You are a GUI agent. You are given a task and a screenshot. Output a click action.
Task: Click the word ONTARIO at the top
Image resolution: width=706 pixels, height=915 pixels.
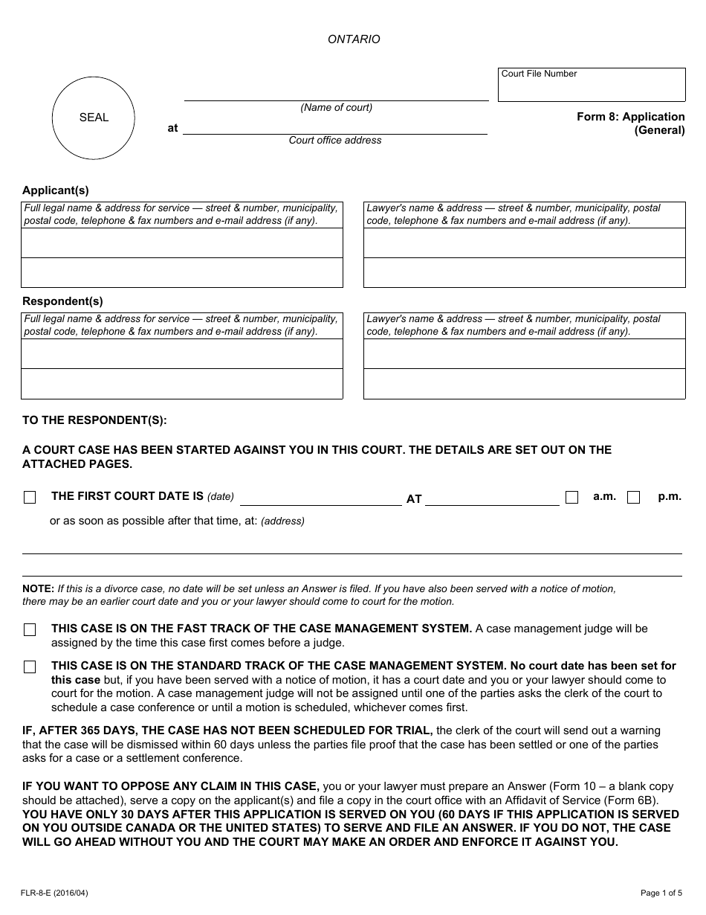point(354,39)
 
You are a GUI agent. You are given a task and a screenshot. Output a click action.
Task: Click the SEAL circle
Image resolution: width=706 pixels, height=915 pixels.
point(94,118)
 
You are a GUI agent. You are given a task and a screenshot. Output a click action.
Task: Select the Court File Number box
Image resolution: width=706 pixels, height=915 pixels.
point(592,85)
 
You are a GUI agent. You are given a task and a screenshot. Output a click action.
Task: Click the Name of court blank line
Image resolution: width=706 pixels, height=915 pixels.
point(336,94)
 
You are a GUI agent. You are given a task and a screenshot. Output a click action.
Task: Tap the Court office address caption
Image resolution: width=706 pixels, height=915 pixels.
point(335,141)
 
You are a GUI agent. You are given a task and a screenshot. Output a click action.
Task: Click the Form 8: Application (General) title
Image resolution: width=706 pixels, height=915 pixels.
point(631,123)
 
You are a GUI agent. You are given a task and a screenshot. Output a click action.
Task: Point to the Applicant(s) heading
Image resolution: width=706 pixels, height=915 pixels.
point(56,190)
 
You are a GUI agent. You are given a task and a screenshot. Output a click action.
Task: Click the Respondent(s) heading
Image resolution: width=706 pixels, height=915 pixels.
point(62,301)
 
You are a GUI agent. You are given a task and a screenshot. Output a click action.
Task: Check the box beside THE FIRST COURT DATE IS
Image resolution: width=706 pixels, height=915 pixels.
point(30,498)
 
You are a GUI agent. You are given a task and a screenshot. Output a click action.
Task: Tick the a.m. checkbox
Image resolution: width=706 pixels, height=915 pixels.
point(571,498)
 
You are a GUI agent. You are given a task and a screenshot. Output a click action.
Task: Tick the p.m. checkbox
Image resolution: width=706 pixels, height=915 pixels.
point(633,498)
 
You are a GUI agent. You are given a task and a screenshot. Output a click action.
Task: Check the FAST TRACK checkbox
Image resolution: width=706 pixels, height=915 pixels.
point(30,630)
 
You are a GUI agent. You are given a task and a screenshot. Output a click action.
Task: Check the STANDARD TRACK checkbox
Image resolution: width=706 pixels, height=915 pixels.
point(30,667)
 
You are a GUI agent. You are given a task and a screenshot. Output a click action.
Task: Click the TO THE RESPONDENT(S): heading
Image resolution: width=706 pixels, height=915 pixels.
point(95,420)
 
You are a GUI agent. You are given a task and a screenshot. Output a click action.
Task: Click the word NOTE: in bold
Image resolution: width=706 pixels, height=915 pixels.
point(38,589)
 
